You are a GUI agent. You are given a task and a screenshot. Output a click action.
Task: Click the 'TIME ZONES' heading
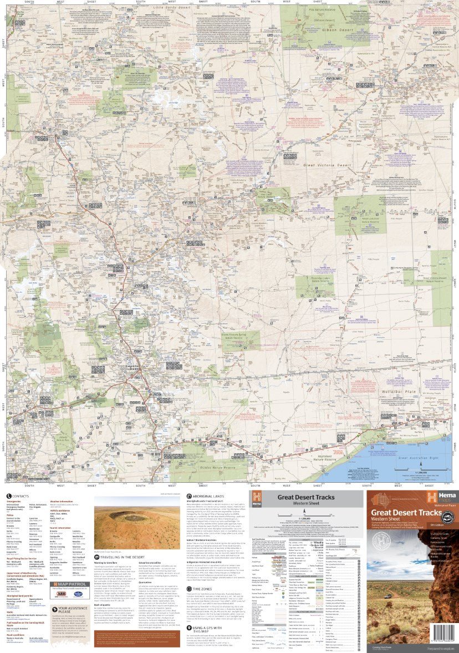point(205,574)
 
